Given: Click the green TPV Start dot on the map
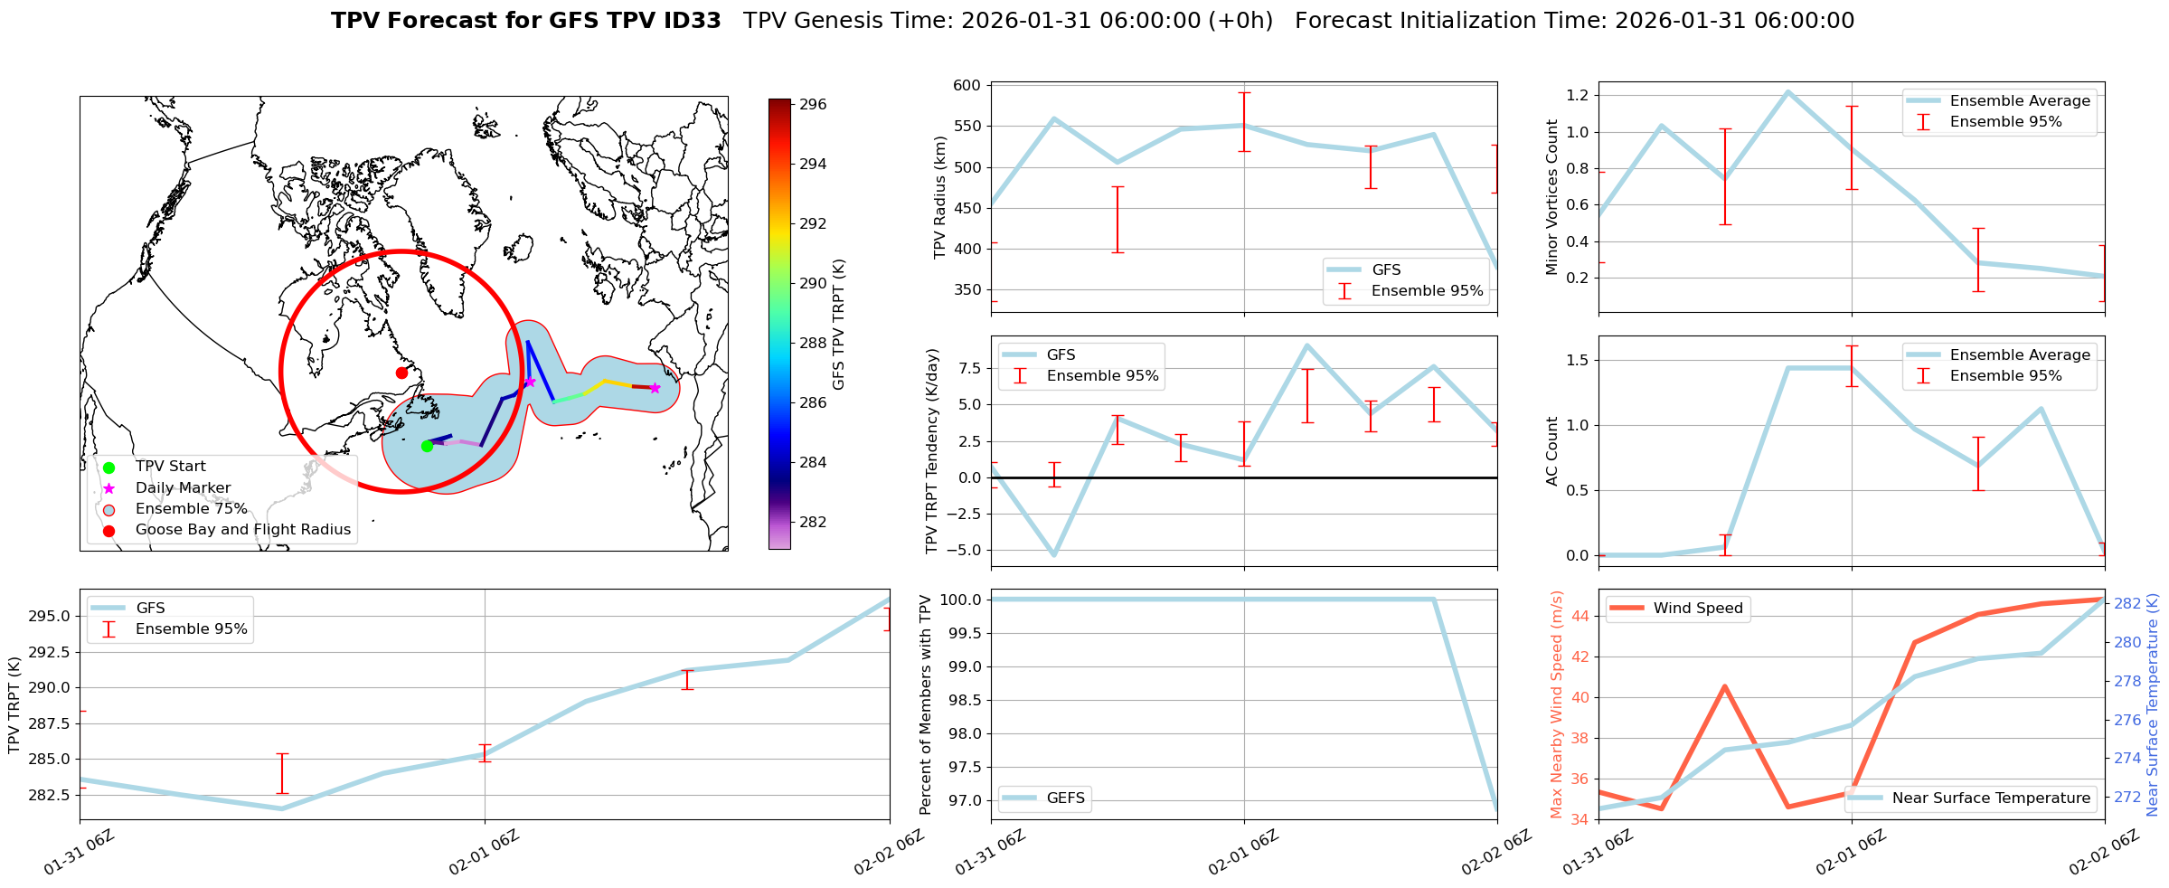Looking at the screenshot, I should coord(427,446).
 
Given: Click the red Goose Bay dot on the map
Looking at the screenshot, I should coord(401,373).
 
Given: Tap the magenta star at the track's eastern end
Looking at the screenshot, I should coord(655,388).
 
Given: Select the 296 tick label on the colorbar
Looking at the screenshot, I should coord(813,105).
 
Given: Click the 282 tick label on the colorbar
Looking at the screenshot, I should coord(813,522).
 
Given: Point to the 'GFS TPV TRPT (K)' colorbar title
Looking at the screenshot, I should coord(839,324).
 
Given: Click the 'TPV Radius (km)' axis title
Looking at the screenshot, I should coord(940,197).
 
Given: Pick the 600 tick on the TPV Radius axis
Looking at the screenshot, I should coord(967,86).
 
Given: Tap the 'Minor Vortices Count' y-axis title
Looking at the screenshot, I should coord(1552,197).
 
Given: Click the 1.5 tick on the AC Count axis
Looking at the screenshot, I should coord(1577,360).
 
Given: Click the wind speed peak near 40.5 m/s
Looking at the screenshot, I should coord(1724,686).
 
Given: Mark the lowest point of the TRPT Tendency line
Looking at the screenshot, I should coord(1054,554).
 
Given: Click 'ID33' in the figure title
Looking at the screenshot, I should coord(693,21).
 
